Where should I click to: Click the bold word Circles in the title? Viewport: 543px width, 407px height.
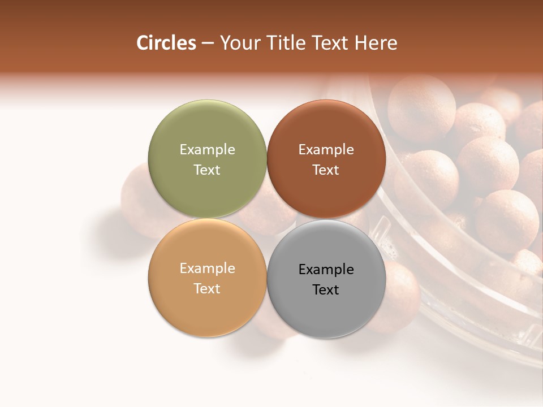click(x=166, y=43)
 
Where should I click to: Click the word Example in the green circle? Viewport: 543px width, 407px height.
click(x=207, y=149)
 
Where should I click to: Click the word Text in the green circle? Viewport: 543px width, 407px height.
click(x=207, y=170)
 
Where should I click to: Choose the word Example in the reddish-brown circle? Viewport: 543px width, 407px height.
click(x=326, y=149)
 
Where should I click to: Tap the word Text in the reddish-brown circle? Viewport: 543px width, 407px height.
click(x=326, y=170)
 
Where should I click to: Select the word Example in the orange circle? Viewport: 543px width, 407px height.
click(x=207, y=268)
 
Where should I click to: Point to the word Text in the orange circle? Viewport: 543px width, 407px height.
click(x=207, y=288)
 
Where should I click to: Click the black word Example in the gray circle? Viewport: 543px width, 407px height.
click(x=326, y=269)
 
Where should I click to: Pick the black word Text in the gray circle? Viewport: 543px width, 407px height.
click(x=326, y=289)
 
